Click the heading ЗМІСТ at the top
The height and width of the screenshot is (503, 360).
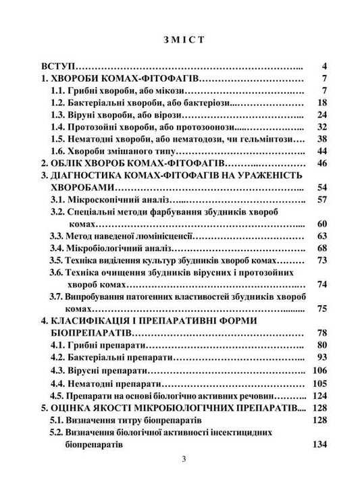click(179, 38)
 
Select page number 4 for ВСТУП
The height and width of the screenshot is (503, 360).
click(324, 67)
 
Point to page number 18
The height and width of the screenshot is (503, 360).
click(322, 103)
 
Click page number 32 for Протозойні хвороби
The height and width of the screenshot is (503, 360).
click(322, 127)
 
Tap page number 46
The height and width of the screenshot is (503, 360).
click(322, 163)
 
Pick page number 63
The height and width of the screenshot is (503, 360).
click(322, 236)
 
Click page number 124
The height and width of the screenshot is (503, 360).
click(319, 395)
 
